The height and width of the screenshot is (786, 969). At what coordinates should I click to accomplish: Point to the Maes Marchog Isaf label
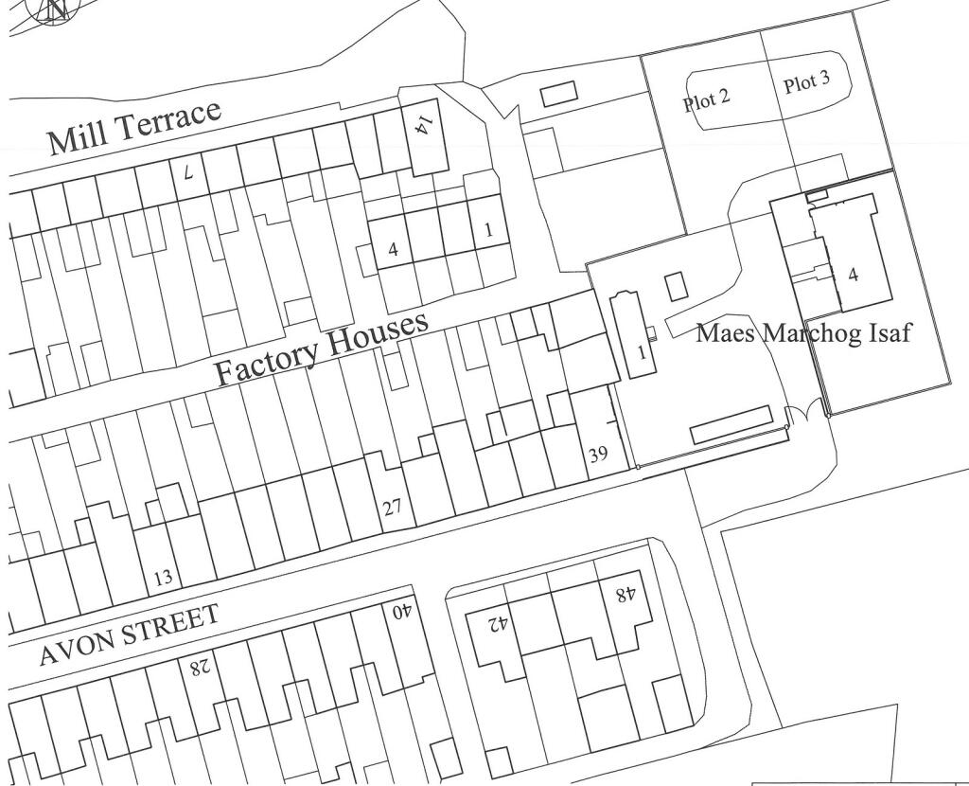(804, 333)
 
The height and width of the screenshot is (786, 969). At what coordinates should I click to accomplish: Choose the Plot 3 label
(806, 82)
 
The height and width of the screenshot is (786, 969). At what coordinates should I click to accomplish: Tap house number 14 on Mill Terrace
(424, 123)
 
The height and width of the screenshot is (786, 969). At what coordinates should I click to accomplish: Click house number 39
(598, 455)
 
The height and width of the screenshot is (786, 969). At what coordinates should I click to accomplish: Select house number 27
(393, 507)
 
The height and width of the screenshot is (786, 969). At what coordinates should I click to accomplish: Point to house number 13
(163, 577)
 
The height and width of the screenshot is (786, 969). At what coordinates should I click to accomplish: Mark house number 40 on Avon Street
(402, 611)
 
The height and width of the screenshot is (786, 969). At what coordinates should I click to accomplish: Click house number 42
(499, 624)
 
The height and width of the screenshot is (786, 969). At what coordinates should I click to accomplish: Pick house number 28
(199, 667)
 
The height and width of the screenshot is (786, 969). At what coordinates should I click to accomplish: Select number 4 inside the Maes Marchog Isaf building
(854, 276)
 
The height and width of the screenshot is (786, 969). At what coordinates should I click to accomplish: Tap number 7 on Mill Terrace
(188, 173)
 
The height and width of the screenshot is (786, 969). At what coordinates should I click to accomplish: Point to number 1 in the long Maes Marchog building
(642, 353)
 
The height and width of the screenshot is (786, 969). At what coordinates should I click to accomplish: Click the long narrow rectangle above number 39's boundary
(731, 425)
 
